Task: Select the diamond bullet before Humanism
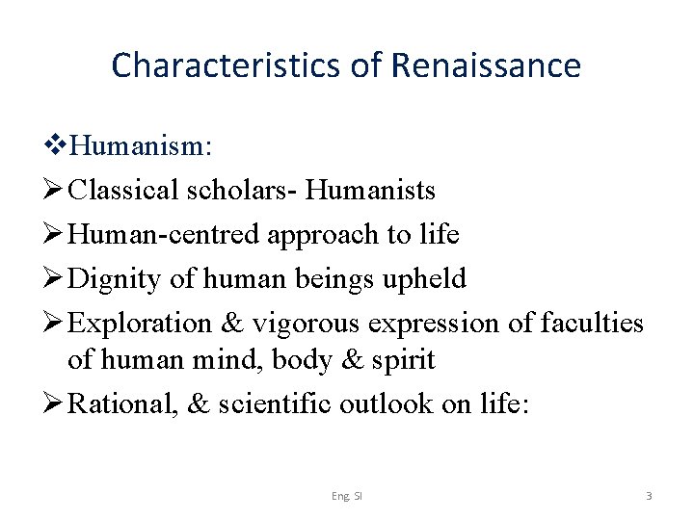pyautogui.click(x=55, y=148)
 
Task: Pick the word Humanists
pyautogui.click(x=370, y=191)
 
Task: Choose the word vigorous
pyautogui.click(x=298, y=324)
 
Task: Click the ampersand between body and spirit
pyautogui.click(x=348, y=360)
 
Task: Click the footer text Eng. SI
pyautogui.click(x=347, y=496)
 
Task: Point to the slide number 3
pyautogui.click(x=649, y=496)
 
